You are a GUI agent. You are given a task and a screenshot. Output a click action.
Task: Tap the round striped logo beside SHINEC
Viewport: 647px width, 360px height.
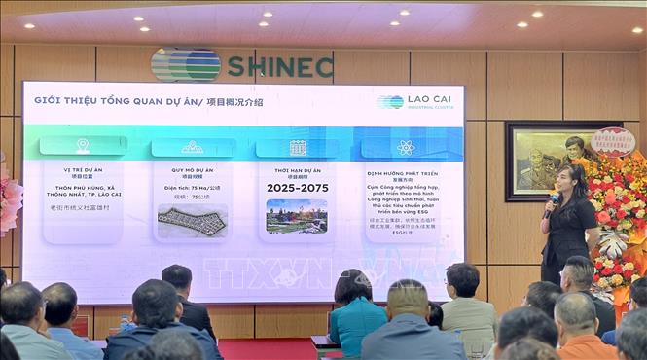[x=186, y=65]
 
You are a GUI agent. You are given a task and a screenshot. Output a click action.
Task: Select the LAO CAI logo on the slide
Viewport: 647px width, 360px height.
[x=407, y=101]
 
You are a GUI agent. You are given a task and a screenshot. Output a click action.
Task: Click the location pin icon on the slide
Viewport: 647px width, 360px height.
[x=83, y=146]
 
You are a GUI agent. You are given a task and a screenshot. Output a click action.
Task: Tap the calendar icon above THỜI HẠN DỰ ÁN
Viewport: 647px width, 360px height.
[x=297, y=147]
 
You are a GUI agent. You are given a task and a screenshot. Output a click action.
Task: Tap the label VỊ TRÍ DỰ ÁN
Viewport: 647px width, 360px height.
[x=83, y=167]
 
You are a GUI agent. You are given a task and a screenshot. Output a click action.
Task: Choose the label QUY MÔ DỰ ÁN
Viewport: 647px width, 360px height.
[x=192, y=167]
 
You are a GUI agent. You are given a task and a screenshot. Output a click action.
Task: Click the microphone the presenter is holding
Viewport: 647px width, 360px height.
[x=554, y=198]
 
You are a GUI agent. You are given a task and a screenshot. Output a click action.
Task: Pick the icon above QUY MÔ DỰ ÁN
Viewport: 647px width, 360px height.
[x=192, y=147]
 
